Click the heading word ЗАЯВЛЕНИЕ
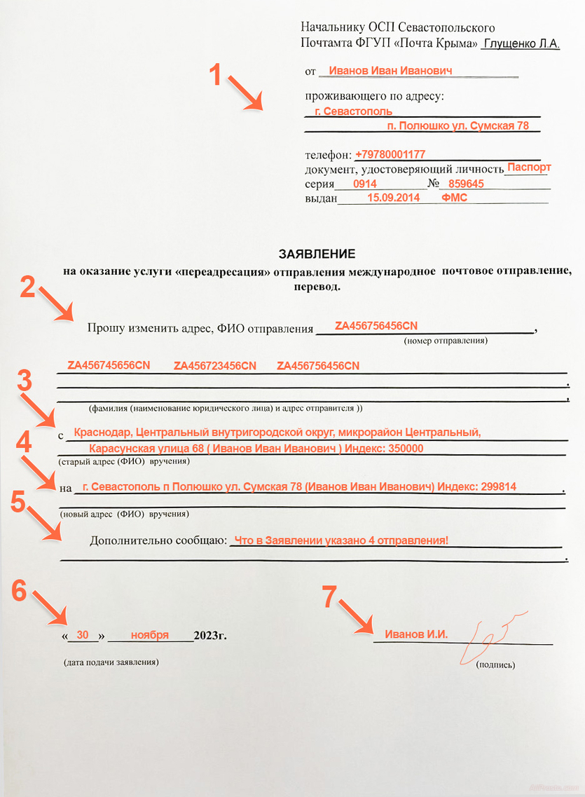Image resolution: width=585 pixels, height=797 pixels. (317, 254)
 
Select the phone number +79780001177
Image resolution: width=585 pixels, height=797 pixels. (390, 154)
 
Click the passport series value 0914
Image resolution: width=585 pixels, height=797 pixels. (365, 184)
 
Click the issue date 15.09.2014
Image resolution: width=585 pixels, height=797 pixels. (393, 198)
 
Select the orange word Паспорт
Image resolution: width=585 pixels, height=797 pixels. (529, 168)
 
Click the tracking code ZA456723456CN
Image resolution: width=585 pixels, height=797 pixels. (215, 366)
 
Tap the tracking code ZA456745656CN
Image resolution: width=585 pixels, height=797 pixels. (109, 366)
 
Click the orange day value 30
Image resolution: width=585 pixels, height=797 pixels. (83, 635)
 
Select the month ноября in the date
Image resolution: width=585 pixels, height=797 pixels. (149, 635)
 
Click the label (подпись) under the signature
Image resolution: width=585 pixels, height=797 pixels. (496, 664)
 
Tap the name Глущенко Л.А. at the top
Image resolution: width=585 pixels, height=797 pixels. (521, 43)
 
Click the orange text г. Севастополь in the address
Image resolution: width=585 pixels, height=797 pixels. (353, 111)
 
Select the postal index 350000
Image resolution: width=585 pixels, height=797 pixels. (403, 449)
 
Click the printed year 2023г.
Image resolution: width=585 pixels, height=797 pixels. (210, 636)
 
